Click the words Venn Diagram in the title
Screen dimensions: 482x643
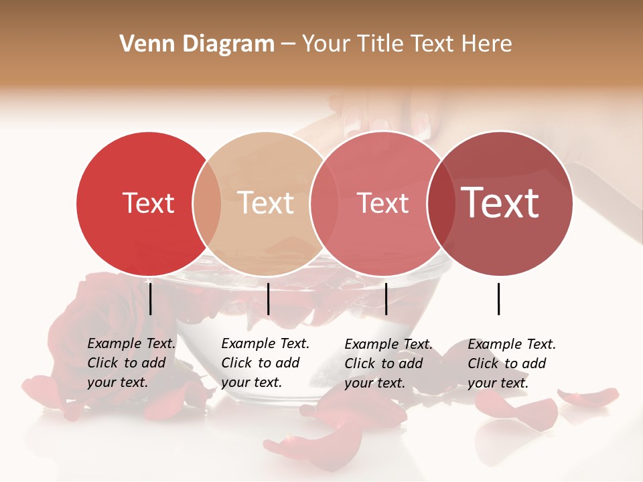pos(197,44)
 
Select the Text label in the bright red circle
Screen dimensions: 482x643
pos(148,203)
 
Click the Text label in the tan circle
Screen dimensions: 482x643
pos(266,203)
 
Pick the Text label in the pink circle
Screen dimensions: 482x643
pos(383,203)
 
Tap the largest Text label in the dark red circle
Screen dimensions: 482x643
pos(500,202)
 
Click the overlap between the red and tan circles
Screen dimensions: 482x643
pos(207,203)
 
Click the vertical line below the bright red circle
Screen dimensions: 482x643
pos(151,299)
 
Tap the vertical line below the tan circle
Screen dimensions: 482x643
pos(268,299)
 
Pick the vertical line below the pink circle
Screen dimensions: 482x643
pos(386,299)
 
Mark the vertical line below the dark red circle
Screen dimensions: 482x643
pos(499,299)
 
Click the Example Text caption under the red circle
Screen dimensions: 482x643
pos(131,363)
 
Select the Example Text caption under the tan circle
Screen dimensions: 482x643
pos(265,363)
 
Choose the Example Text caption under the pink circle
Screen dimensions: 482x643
pos(388,363)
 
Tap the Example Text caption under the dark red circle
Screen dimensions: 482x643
pos(512,363)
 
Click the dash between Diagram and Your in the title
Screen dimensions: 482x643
pos(287,45)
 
